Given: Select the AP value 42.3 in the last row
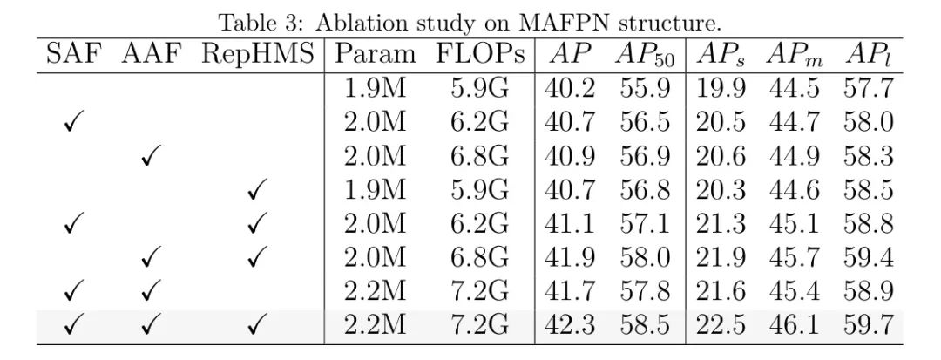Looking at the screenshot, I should tap(570, 324).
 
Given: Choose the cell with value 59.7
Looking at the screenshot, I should tap(868, 324).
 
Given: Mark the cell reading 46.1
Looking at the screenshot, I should tap(794, 324).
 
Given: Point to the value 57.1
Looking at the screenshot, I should tap(645, 224).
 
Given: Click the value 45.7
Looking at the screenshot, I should tap(794, 257).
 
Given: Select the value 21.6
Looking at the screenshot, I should tap(720, 291).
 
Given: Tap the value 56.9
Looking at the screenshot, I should tap(645, 157).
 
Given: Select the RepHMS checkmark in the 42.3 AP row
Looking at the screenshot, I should tap(255, 326).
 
